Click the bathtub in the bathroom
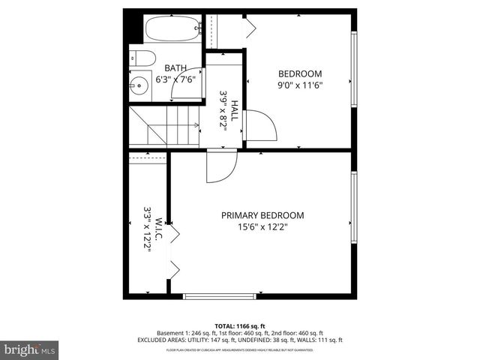click(x=172, y=29)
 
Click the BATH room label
click(x=176, y=67)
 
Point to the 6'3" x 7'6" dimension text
click(x=175, y=79)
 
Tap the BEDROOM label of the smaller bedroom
click(x=300, y=73)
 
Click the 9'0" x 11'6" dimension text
click(x=300, y=85)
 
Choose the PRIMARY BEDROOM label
click(x=262, y=215)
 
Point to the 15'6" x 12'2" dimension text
click(x=262, y=227)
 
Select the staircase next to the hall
click(x=163, y=125)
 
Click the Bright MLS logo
click(x=30, y=349)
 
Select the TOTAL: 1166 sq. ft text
click(x=240, y=325)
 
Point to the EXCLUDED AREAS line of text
click(x=240, y=340)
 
